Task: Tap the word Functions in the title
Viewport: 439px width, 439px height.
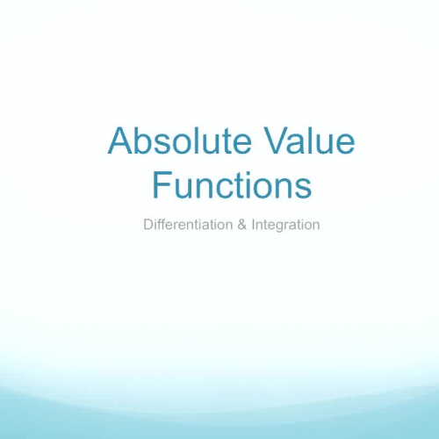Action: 232,186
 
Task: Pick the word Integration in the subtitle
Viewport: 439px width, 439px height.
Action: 285,225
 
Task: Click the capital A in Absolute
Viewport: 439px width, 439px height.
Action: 119,142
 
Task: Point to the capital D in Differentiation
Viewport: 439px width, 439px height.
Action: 148,225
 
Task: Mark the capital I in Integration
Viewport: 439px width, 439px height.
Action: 254,225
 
